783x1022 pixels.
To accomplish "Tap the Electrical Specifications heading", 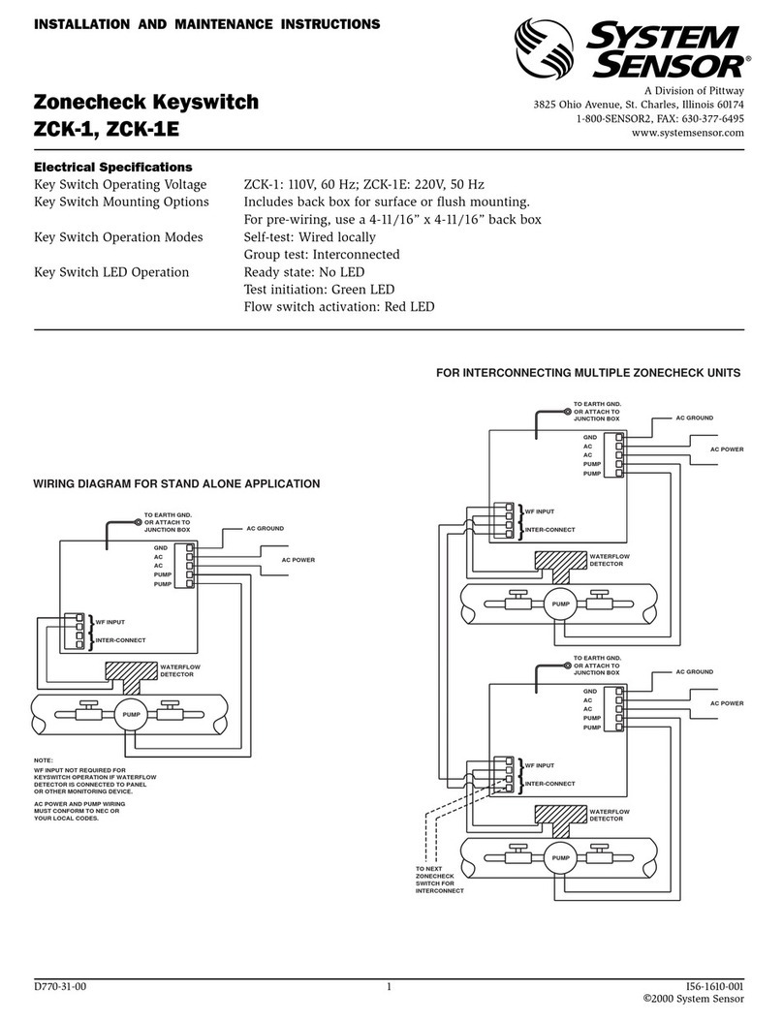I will click(x=113, y=167).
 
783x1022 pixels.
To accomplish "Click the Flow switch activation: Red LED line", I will click(x=338, y=307).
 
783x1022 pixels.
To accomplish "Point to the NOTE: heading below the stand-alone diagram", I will click(x=44, y=760).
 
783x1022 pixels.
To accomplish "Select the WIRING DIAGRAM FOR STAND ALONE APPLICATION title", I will click(x=176, y=482).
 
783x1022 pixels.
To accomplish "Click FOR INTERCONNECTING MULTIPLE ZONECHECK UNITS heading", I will click(x=589, y=372).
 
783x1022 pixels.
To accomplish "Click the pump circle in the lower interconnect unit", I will click(x=560, y=857).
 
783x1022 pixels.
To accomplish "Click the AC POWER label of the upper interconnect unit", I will click(x=726, y=449).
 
